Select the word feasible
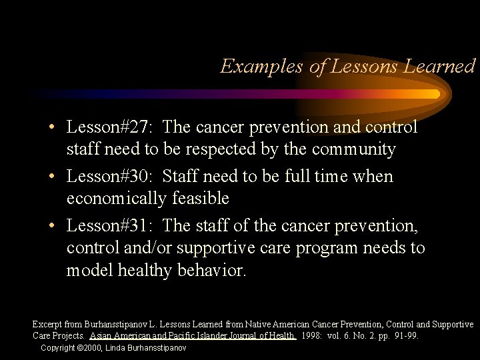(199, 199)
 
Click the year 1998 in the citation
(312, 336)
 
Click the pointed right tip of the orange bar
(439, 94)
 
